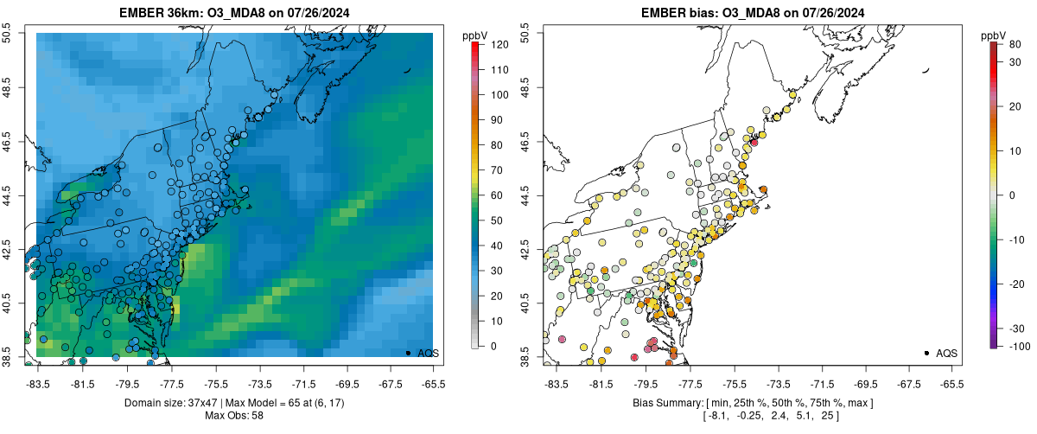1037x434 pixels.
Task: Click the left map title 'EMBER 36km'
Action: (x=164, y=11)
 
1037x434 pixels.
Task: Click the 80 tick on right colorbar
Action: (x=1010, y=44)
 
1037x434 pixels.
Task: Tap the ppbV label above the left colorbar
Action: (x=474, y=35)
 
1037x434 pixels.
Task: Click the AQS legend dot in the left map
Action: (x=408, y=353)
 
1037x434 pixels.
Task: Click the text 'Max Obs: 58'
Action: (x=233, y=416)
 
